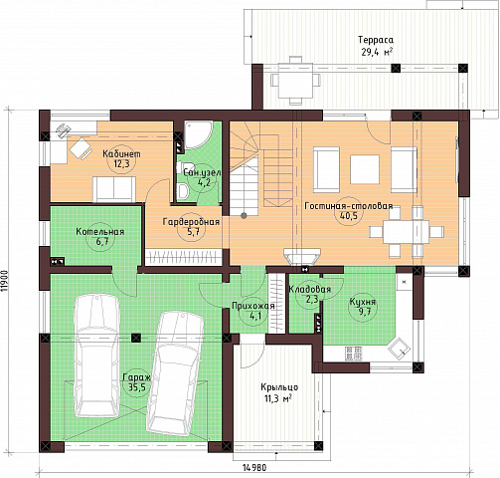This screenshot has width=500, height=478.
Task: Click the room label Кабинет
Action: click(x=121, y=154)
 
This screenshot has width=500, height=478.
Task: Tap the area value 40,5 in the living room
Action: click(x=348, y=216)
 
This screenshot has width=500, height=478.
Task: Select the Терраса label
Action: click(x=376, y=40)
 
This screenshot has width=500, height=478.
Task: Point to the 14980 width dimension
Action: click(x=254, y=468)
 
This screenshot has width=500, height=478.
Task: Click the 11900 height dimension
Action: click(x=4, y=281)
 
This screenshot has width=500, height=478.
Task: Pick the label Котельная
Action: click(x=100, y=231)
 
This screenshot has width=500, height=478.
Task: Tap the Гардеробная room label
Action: click(x=191, y=222)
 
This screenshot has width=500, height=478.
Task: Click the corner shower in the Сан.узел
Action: click(x=197, y=134)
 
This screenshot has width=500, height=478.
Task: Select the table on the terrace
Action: click(x=295, y=81)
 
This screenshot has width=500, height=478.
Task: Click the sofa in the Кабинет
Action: click(x=114, y=189)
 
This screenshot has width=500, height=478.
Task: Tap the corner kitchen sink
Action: click(x=400, y=349)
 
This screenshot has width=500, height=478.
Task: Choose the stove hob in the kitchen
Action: click(x=353, y=354)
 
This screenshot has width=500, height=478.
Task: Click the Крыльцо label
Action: click(x=279, y=387)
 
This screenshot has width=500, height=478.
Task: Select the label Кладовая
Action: click(x=310, y=289)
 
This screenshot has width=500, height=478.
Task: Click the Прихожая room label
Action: click(x=253, y=306)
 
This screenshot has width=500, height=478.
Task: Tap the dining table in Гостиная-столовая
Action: click(x=407, y=232)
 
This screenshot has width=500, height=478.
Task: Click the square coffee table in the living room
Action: click(x=365, y=169)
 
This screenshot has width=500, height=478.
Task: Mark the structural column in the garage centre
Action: click(x=136, y=339)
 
